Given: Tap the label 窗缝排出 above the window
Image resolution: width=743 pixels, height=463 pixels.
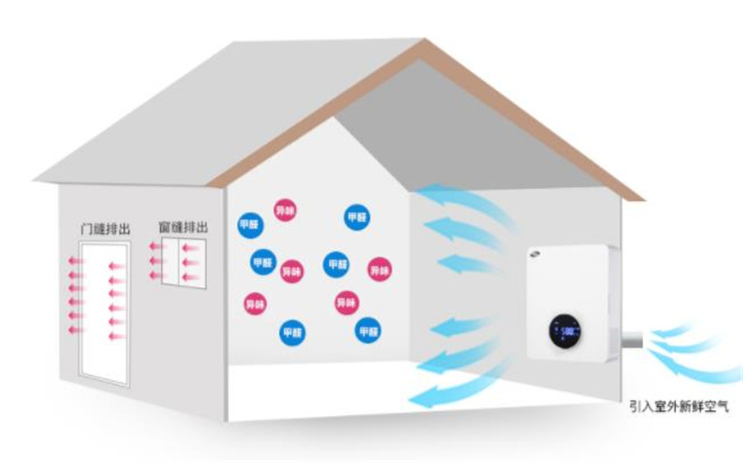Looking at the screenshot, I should pyautogui.click(x=183, y=226).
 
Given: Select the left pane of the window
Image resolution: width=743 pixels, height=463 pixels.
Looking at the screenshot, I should pyautogui.click(x=172, y=260).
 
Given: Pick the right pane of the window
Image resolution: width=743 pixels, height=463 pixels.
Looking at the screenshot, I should pyautogui.click(x=192, y=261).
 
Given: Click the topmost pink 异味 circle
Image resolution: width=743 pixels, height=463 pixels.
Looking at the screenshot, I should pyautogui.click(x=285, y=209).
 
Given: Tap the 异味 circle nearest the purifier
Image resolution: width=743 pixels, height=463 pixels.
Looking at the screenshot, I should pyautogui.click(x=379, y=269).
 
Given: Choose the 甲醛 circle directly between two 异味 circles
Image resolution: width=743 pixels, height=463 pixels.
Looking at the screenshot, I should pyautogui.click(x=336, y=265).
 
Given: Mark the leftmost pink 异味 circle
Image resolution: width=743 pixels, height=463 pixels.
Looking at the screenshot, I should pyautogui.click(x=255, y=303).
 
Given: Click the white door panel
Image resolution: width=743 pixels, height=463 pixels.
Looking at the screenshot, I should pyautogui.click(x=104, y=313).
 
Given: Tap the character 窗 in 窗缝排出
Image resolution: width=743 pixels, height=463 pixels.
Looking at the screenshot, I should pyautogui.click(x=163, y=226).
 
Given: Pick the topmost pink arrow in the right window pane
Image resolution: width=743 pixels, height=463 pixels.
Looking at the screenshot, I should pyautogui.click(x=192, y=247).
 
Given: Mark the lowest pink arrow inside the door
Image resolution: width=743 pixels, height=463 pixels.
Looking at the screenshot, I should pyautogui.click(x=116, y=337).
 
